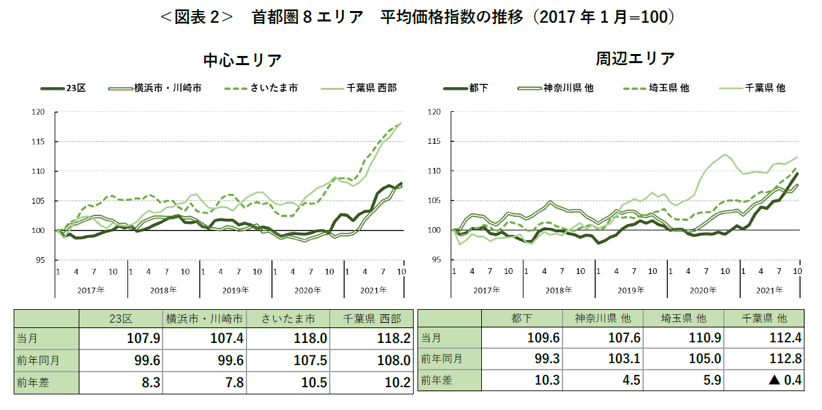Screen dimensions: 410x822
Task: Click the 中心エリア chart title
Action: point(242,60)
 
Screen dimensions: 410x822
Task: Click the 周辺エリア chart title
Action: point(635,58)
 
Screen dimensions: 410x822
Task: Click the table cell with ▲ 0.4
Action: point(763,380)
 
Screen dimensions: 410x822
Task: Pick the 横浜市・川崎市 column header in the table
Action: point(204,318)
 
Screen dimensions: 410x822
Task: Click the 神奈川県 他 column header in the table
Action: point(602,318)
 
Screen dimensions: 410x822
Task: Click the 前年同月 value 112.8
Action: point(763,359)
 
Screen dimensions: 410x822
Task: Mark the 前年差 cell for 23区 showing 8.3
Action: point(120,383)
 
